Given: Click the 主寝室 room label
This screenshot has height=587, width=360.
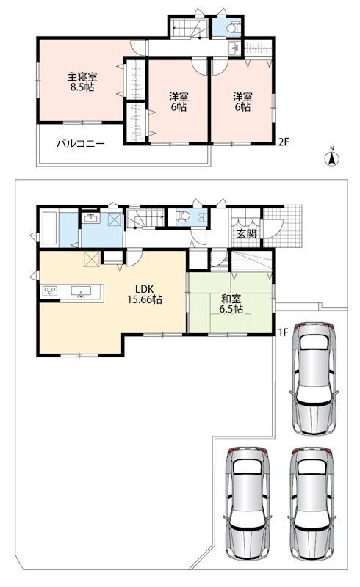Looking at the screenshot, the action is click(x=82, y=77).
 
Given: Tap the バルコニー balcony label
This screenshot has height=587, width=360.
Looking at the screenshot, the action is click(x=81, y=144).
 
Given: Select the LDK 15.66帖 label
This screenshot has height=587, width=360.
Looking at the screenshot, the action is click(x=145, y=294).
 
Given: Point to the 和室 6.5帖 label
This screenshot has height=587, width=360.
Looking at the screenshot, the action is click(x=231, y=304).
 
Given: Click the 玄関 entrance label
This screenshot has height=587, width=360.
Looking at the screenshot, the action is click(x=246, y=233).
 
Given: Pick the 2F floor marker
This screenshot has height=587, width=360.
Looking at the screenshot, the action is click(x=283, y=142).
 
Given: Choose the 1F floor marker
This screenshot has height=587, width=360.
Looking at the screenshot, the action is click(x=283, y=332).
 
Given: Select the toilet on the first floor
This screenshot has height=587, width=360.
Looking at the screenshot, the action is click(x=184, y=217).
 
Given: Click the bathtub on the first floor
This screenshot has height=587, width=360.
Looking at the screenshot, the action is click(x=49, y=228).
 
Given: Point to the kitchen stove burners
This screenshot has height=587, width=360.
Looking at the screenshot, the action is click(x=50, y=291).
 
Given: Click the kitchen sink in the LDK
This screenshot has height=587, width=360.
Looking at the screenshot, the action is click(x=81, y=292).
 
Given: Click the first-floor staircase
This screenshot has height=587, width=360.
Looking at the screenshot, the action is click(x=145, y=218).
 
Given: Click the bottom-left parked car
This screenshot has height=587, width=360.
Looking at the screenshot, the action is click(x=248, y=503).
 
